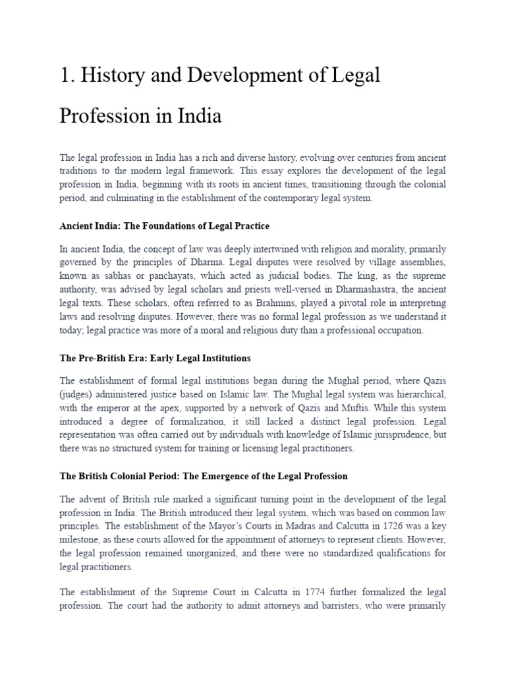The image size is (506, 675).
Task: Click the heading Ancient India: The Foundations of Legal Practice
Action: point(164,226)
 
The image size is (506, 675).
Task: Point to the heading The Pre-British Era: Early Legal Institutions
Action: point(155,359)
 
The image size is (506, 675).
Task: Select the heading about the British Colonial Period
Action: point(204,476)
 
